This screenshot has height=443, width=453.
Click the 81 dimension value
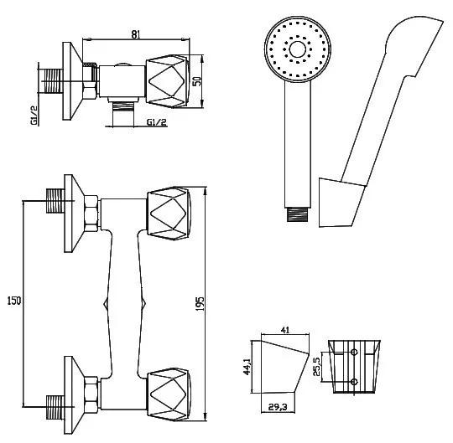pyautogui.click(x=136, y=34)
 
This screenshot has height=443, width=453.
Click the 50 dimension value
pyautogui.click(x=197, y=81)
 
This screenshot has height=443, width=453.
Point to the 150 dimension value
pyautogui.click(x=14, y=301)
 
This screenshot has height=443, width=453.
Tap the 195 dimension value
pyautogui.click(x=200, y=303)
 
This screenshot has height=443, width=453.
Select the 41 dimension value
pyautogui.click(x=285, y=330)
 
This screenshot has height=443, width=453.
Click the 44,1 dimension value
pyautogui.click(x=247, y=367)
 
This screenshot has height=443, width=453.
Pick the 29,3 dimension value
pyautogui.click(x=278, y=407)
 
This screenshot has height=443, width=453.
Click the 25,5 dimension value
pyautogui.click(x=316, y=366)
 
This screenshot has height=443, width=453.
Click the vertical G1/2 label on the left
pyautogui.click(x=34, y=116)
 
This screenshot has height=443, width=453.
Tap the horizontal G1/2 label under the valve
pyautogui.click(x=157, y=122)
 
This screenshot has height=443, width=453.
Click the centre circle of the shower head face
pyautogui.click(x=298, y=49)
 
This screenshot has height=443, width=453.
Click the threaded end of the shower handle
pyautogui.click(x=298, y=214)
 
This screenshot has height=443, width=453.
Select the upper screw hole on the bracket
pyautogui.click(x=354, y=352)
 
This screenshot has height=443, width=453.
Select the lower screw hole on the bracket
pyautogui.click(x=354, y=382)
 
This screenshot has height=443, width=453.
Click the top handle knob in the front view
pyautogui.click(x=169, y=214)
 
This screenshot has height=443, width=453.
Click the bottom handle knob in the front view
pyautogui.click(x=169, y=394)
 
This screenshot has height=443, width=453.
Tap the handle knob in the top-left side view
pyautogui.click(x=168, y=81)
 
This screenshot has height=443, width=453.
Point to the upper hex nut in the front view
pyautogui.click(x=91, y=214)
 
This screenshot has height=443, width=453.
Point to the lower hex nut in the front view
pyautogui.click(x=91, y=394)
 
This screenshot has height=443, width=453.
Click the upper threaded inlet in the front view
pyautogui.click(x=55, y=201)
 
